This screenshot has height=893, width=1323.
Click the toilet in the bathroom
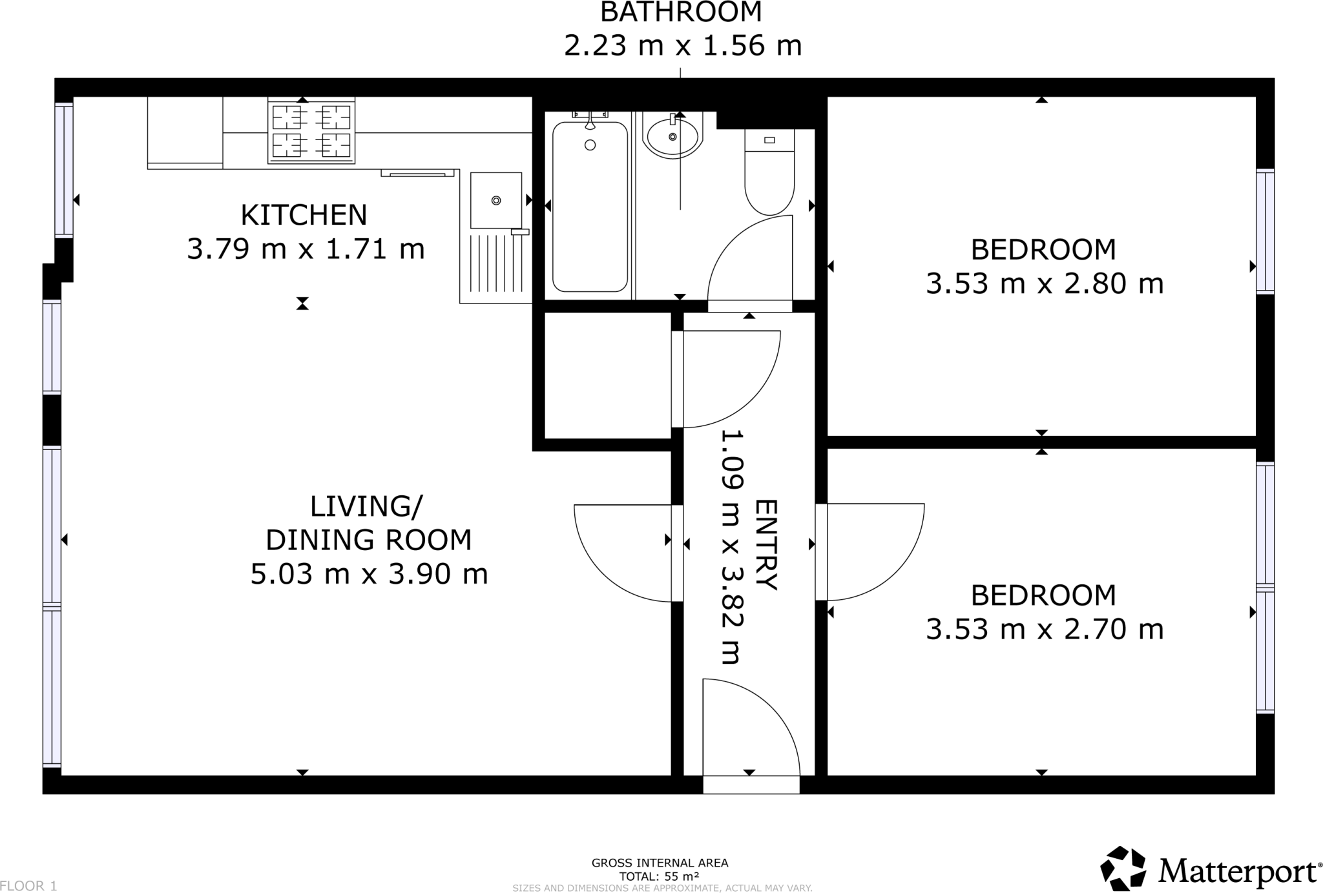[769, 173]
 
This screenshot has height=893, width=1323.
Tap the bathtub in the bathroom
[589, 207]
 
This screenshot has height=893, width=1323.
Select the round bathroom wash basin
[673, 137]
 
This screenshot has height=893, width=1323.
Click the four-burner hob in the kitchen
[311, 132]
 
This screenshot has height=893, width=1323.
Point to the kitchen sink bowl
[495, 200]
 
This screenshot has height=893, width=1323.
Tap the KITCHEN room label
[304, 215]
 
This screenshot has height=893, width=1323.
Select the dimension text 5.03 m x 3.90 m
[369, 574]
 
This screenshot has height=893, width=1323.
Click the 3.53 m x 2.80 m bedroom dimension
[1044, 283]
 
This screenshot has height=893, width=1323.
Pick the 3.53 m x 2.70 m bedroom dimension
[1044, 629]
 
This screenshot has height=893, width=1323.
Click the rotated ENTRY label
[767, 544]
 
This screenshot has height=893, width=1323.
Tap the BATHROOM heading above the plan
[681, 12]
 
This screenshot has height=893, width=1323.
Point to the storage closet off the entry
[607, 376]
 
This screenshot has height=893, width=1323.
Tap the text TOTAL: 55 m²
[659, 876]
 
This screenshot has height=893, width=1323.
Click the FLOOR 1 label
[29, 886]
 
